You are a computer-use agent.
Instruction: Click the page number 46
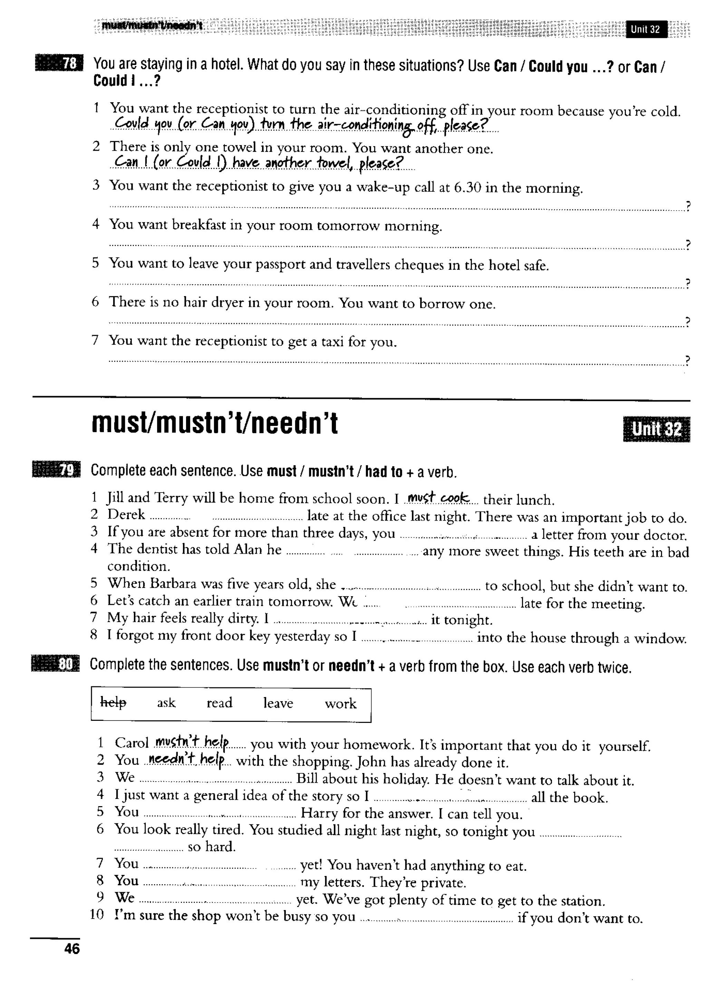point(72,948)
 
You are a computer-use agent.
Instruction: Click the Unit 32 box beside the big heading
point(656,429)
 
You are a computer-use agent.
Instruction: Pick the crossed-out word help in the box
point(113,703)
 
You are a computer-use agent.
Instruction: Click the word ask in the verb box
point(166,703)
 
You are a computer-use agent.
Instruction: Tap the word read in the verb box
point(219,703)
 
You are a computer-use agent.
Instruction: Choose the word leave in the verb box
point(278,703)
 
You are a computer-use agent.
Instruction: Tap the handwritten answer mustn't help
point(192,743)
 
